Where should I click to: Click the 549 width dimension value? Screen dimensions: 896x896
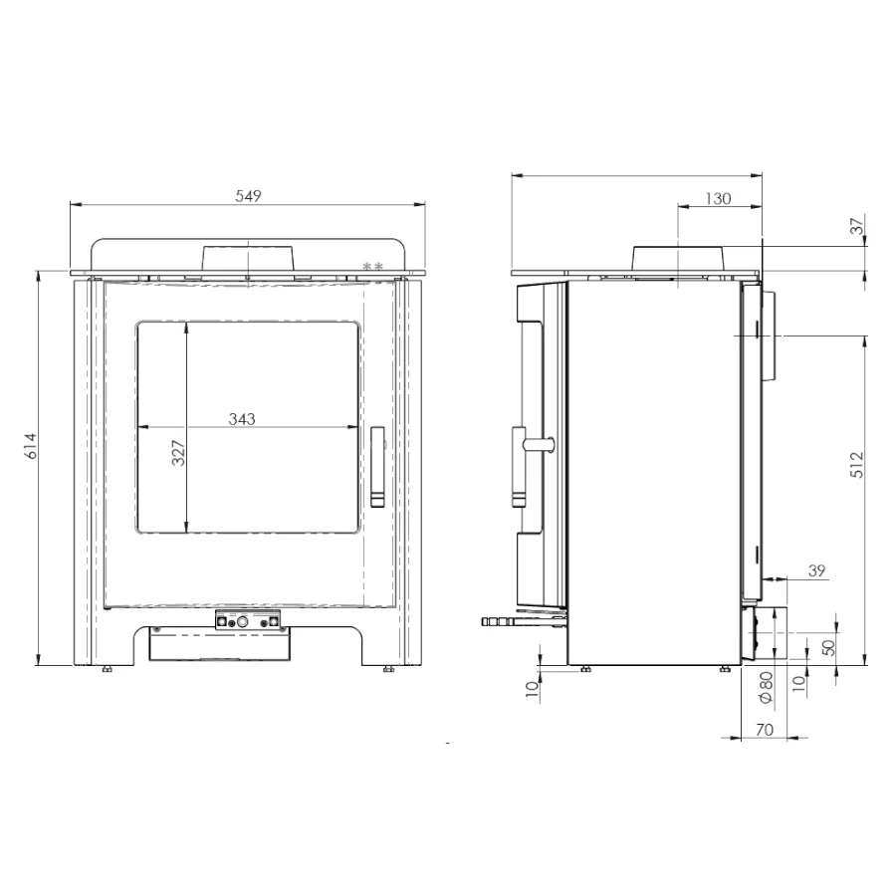pyautogui.click(x=248, y=196)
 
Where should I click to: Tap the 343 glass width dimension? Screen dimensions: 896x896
pyautogui.click(x=242, y=419)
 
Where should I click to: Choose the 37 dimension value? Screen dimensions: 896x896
pyautogui.click(x=858, y=226)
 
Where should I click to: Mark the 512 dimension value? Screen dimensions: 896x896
pyautogui.click(x=857, y=463)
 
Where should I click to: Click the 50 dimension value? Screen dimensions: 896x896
pyautogui.click(x=828, y=647)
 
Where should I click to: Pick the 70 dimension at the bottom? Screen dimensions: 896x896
pyautogui.click(x=765, y=730)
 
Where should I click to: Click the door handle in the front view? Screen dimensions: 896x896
pyautogui.click(x=377, y=468)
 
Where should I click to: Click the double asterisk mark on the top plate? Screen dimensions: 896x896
pyautogui.click(x=373, y=266)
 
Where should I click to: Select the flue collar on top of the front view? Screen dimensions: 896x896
pyautogui.click(x=248, y=257)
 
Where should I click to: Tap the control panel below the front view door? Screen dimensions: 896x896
pyautogui.click(x=249, y=620)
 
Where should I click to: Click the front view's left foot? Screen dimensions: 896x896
pyautogui.click(x=107, y=669)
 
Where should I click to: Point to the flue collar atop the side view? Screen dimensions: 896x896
pyautogui.click(x=678, y=257)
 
